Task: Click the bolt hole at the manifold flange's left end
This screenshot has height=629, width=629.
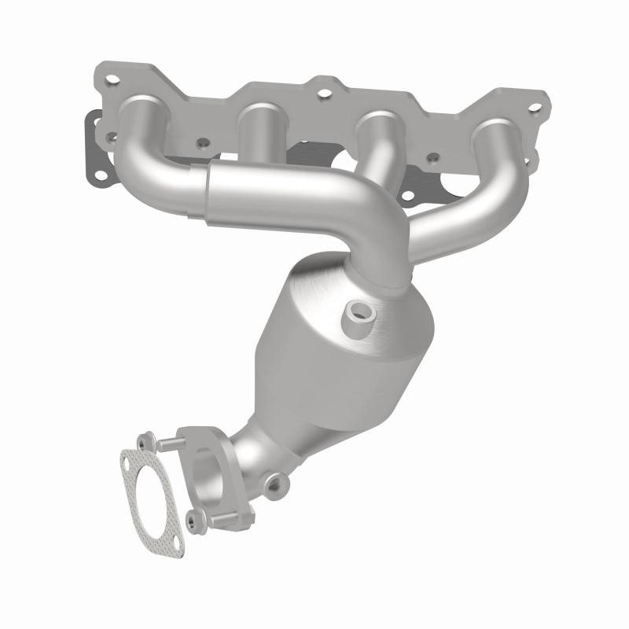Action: tap(112, 79)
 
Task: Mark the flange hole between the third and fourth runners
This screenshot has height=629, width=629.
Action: tap(431, 157)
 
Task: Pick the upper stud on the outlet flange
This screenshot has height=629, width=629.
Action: tap(167, 445)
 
